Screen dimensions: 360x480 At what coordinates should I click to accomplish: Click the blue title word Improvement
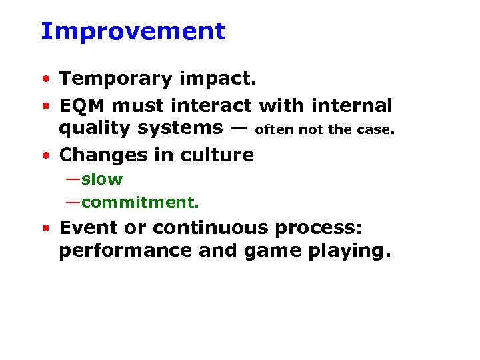(x=133, y=31)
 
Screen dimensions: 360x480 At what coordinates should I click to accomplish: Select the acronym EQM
(x=83, y=105)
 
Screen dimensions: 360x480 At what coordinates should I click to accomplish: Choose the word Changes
(x=99, y=155)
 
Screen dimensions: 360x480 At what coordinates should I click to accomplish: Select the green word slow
(x=102, y=179)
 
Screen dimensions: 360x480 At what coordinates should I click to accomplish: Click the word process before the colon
(x=321, y=229)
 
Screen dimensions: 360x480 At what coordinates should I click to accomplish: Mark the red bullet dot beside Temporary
(x=45, y=80)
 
